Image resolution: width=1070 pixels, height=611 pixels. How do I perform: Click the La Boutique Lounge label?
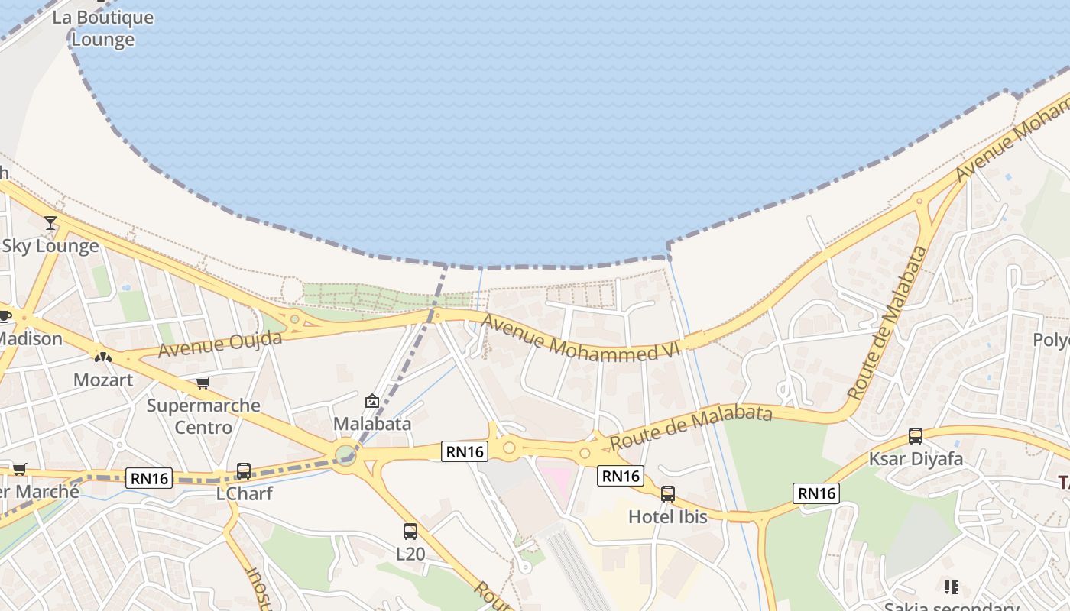(102, 28)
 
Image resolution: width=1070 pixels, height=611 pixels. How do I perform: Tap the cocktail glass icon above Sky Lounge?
(50, 223)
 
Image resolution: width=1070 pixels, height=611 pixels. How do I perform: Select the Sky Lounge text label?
(50, 246)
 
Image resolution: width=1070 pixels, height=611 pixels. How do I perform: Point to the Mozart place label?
(103, 380)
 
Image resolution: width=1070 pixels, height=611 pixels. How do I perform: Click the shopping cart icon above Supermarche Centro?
(203, 383)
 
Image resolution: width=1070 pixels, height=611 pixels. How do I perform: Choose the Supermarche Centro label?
(203, 416)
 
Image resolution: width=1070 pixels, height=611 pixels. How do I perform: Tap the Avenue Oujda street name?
(220, 344)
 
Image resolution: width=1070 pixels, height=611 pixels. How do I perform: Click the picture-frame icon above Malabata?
(372, 401)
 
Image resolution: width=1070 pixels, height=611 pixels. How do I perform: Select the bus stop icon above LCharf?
(244, 471)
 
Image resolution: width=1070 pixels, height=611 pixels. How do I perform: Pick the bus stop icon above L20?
(410, 532)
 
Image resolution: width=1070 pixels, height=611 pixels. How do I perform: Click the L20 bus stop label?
(410, 554)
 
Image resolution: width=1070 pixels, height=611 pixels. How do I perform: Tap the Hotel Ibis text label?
(668, 516)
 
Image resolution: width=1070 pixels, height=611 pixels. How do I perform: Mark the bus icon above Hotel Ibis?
(668, 494)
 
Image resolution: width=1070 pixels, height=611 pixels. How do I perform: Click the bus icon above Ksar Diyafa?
(916, 436)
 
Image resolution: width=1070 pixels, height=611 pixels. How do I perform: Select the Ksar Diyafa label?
(916, 460)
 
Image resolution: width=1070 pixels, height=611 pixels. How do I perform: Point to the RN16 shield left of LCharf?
(150, 478)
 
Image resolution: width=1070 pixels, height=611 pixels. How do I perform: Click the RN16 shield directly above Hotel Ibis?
(620, 476)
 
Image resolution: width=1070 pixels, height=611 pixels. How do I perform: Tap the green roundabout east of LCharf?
(345, 455)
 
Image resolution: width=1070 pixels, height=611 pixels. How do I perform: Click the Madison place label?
(31, 338)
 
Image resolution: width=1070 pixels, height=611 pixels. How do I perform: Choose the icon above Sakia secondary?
(952, 587)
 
